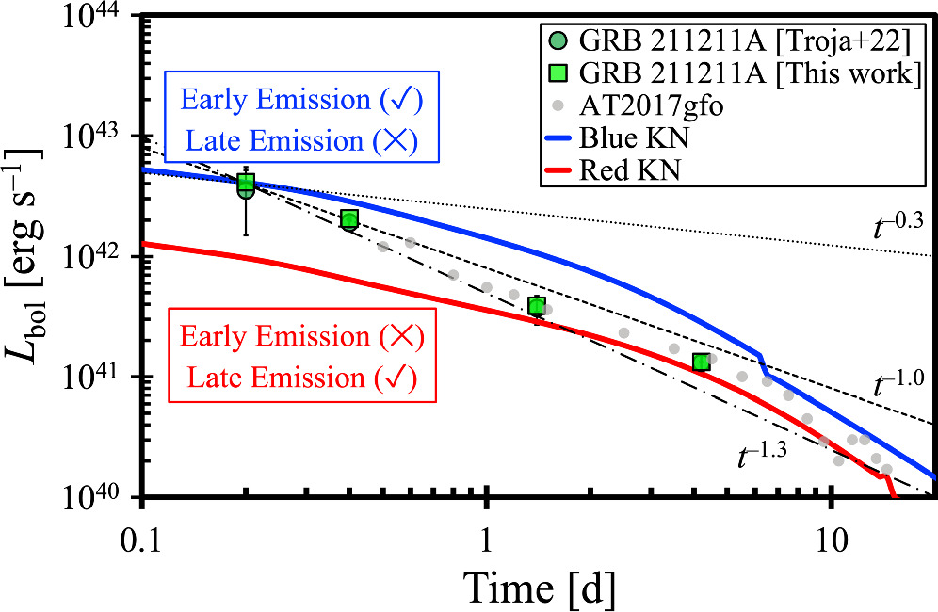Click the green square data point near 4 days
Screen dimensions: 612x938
tap(701, 362)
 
